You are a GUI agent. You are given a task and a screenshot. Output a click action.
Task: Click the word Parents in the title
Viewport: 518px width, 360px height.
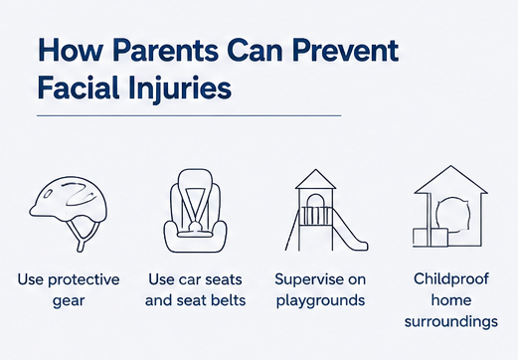pyautogui.click(x=165, y=51)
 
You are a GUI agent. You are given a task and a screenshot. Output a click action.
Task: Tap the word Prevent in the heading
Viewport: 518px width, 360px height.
pyautogui.click(x=345, y=51)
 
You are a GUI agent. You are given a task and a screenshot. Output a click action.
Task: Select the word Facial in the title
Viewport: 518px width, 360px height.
pyautogui.click(x=78, y=88)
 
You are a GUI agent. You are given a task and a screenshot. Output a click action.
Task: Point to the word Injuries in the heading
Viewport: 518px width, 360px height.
pyautogui.click(x=179, y=90)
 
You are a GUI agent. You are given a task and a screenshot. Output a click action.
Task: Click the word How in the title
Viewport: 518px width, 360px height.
pyautogui.click(x=71, y=51)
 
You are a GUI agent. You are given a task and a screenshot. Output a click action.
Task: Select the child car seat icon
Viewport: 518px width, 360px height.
pyautogui.click(x=195, y=211)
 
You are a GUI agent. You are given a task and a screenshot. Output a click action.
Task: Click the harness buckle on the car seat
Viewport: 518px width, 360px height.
pyautogui.click(x=195, y=227)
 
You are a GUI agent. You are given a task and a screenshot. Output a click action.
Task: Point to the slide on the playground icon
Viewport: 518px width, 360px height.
pyautogui.click(x=350, y=230)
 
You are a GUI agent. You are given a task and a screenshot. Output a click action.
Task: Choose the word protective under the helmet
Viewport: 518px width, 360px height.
pyautogui.click(x=84, y=280)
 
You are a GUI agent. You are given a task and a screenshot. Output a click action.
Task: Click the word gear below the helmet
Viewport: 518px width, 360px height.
pyautogui.click(x=69, y=301)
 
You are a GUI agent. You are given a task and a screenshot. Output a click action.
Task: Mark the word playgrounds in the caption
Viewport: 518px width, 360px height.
pyautogui.click(x=320, y=301)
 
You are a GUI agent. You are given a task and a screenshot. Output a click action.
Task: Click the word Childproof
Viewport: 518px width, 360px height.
pyautogui.click(x=451, y=279)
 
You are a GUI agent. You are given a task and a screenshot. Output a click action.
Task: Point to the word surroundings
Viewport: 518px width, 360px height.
pyautogui.click(x=451, y=322)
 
